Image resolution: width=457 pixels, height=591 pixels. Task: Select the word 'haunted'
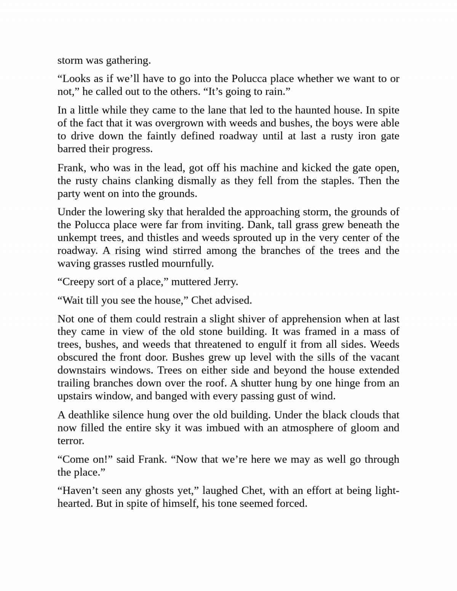[x=313, y=110]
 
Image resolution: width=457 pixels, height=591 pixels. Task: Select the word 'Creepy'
[x=77, y=282]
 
